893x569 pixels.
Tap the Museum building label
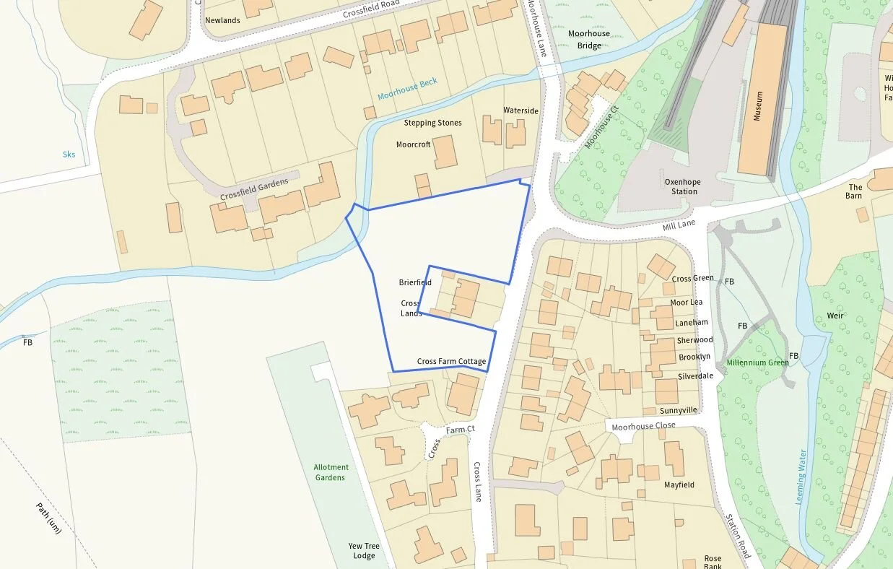click(x=758, y=105)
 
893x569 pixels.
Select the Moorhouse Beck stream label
click(x=407, y=90)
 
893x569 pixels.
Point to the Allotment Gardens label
click(x=331, y=472)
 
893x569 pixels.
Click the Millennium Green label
click(x=757, y=362)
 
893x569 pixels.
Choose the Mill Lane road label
click(x=679, y=226)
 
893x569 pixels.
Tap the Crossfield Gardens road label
click(x=254, y=189)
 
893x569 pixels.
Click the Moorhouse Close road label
click(x=643, y=426)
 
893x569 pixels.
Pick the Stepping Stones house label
click(x=432, y=123)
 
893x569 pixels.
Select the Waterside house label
click(x=520, y=110)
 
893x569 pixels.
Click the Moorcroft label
click(x=413, y=144)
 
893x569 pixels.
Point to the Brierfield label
click(x=415, y=282)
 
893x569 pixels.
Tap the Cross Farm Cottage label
click(x=451, y=361)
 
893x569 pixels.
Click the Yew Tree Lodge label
click(x=364, y=551)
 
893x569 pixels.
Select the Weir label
click(x=835, y=316)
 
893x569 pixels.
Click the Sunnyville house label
click(x=678, y=410)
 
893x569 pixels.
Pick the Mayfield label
click(x=679, y=485)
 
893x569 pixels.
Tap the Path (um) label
click(x=50, y=518)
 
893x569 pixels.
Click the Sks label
click(x=69, y=155)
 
